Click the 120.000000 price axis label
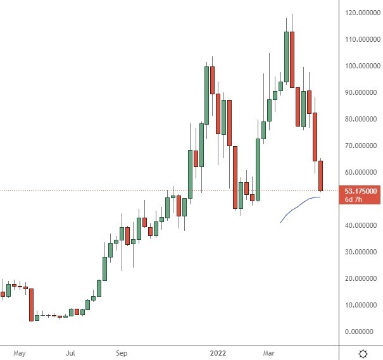361,13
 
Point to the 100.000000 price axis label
361,66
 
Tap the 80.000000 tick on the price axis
361,119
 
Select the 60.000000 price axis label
361,172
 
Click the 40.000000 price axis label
361,225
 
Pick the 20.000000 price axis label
361,278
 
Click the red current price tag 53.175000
361,190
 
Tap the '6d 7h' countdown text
353,199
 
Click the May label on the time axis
20,353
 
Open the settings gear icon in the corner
363,353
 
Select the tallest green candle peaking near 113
286,57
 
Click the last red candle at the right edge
321,176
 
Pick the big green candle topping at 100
206,95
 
